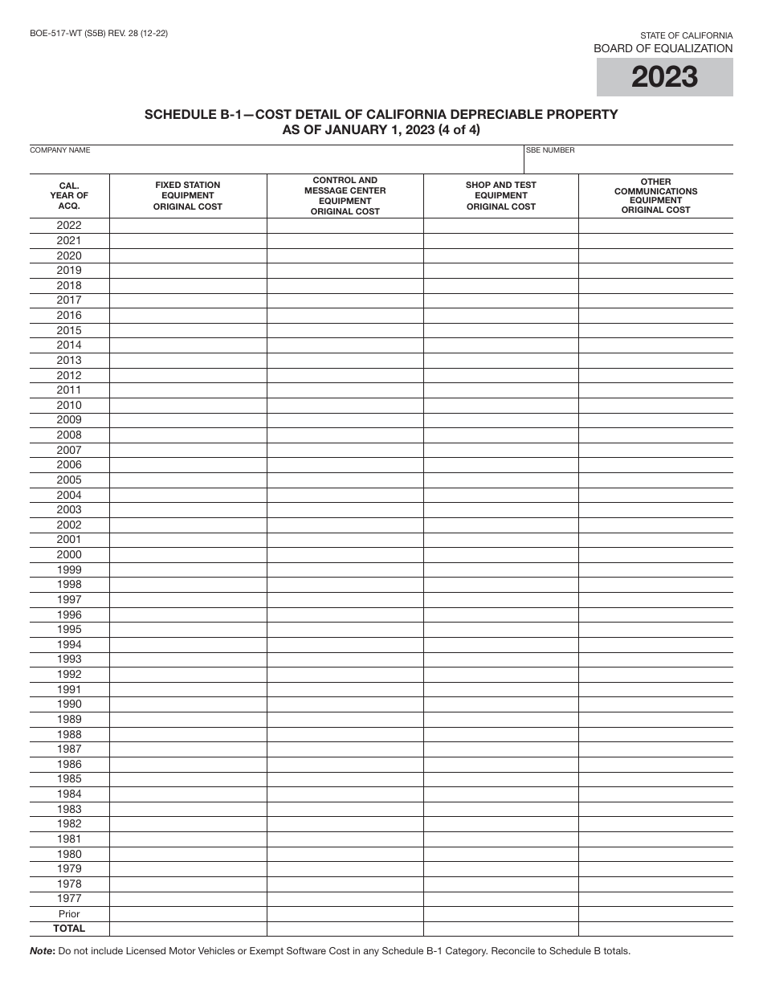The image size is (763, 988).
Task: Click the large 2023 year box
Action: tap(664, 77)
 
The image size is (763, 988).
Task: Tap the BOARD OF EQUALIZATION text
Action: tap(663, 48)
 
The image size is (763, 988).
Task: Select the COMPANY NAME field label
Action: tap(60, 150)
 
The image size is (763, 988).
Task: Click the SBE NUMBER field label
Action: tap(550, 150)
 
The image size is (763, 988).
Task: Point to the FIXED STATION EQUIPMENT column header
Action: tap(188, 196)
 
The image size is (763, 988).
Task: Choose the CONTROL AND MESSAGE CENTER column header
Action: tap(345, 196)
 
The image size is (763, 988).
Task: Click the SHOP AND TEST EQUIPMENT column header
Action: tap(500, 196)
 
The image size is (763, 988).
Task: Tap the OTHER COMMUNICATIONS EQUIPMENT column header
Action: tap(655, 196)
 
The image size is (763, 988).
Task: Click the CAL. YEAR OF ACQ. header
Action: tap(69, 196)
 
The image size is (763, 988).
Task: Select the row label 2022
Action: tap(69, 226)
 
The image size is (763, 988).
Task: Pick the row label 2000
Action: tap(69, 555)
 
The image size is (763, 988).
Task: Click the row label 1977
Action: tap(69, 899)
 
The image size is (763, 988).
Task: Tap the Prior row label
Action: tap(69, 914)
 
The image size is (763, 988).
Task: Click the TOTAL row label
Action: tap(69, 929)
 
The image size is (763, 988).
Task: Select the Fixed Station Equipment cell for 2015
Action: tap(188, 330)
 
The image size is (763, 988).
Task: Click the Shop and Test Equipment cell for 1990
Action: tap(500, 704)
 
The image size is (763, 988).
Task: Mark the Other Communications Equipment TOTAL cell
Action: tap(655, 929)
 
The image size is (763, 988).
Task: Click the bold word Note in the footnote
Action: tap(42, 951)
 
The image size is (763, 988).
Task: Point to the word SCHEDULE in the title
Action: tap(181, 114)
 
